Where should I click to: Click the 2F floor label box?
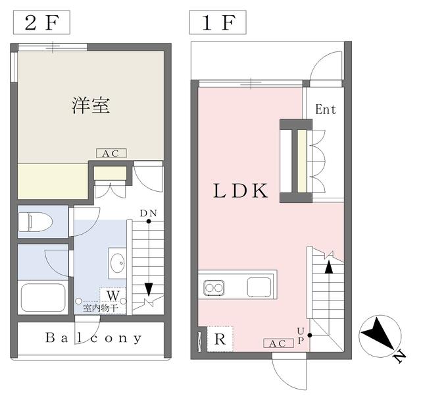pos(41,22)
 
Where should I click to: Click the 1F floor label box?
pos(218,22)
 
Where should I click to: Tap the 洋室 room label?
pos(91,105)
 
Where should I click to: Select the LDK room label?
pos(240,190)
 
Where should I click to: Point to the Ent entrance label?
pos(326,109)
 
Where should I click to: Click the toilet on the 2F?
pos(35,221)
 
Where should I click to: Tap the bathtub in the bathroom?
pos(43,297)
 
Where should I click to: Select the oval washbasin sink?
pos(118,263)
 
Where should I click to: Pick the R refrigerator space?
pos(220,339)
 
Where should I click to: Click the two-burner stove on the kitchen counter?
pos(214,288)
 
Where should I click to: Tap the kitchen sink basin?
pos(259,287)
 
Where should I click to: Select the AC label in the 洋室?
pos(111,154)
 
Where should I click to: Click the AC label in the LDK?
pos(278,343)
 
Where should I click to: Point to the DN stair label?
pos(149,214)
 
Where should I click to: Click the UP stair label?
pos(301,335)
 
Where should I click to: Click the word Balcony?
pos(93,338)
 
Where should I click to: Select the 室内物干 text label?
pos(101,308)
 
